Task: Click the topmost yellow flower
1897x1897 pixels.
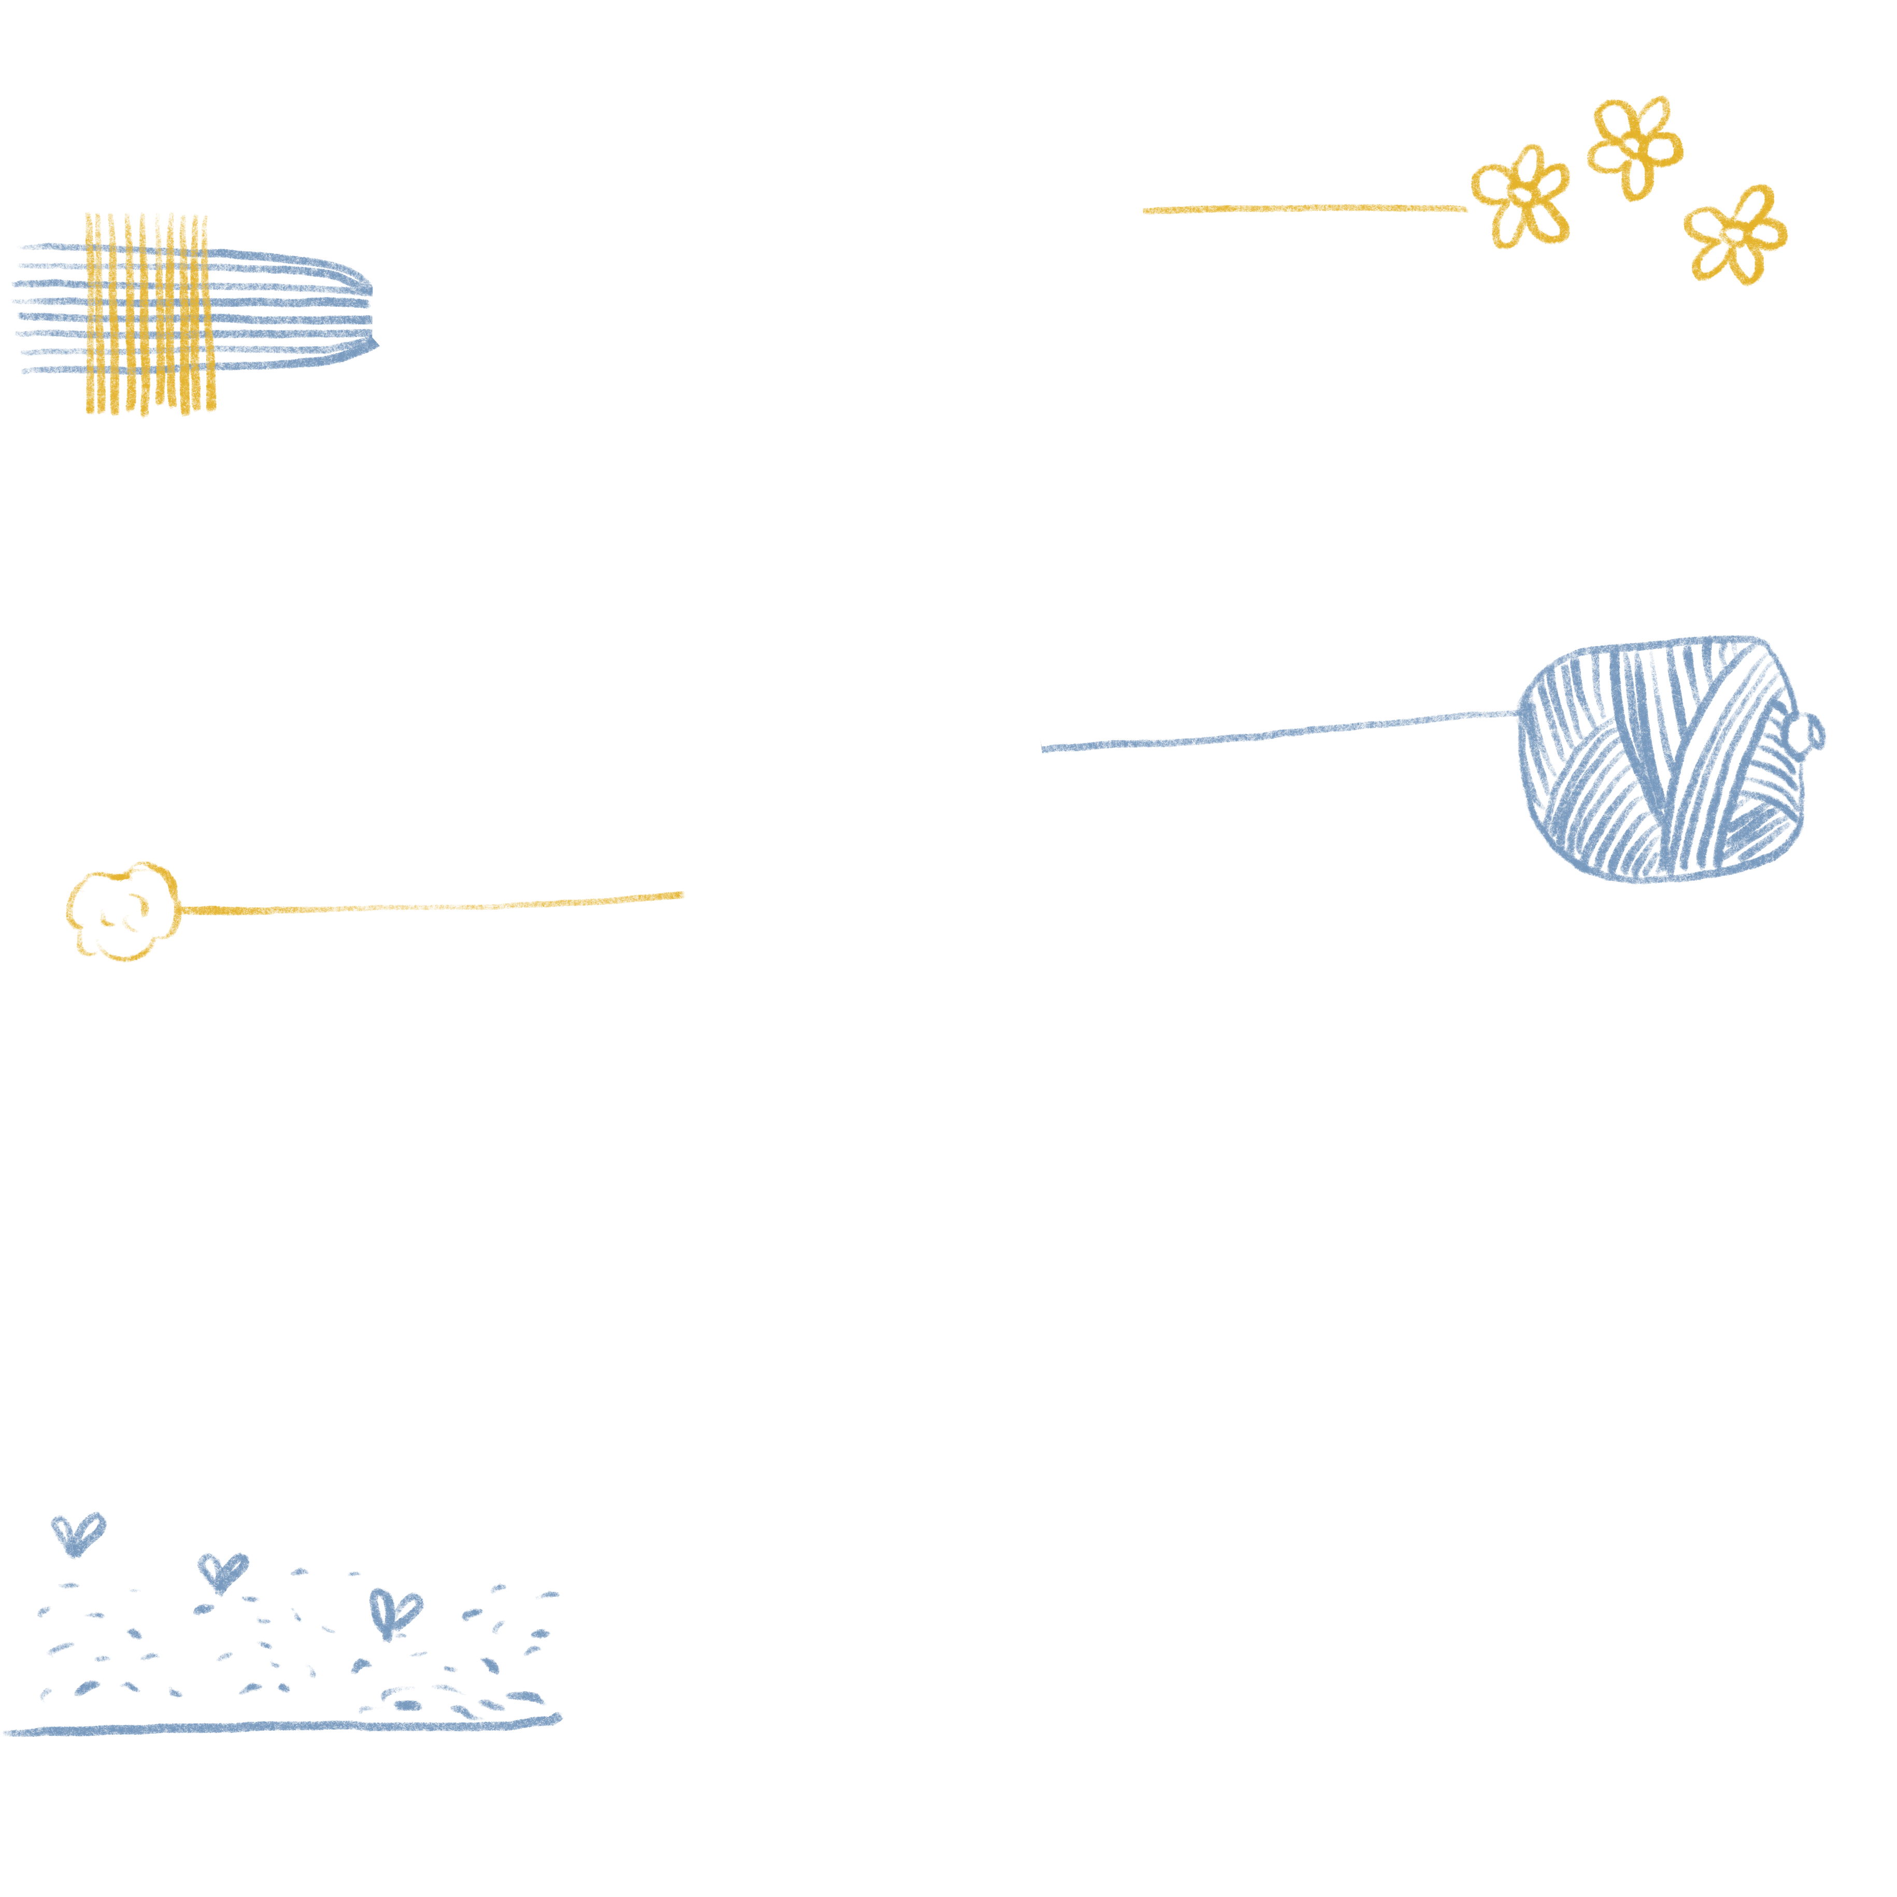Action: (1634, 145)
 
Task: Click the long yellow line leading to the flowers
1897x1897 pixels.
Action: (1306, 208)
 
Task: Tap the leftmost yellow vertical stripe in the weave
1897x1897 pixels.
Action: (89, 314)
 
